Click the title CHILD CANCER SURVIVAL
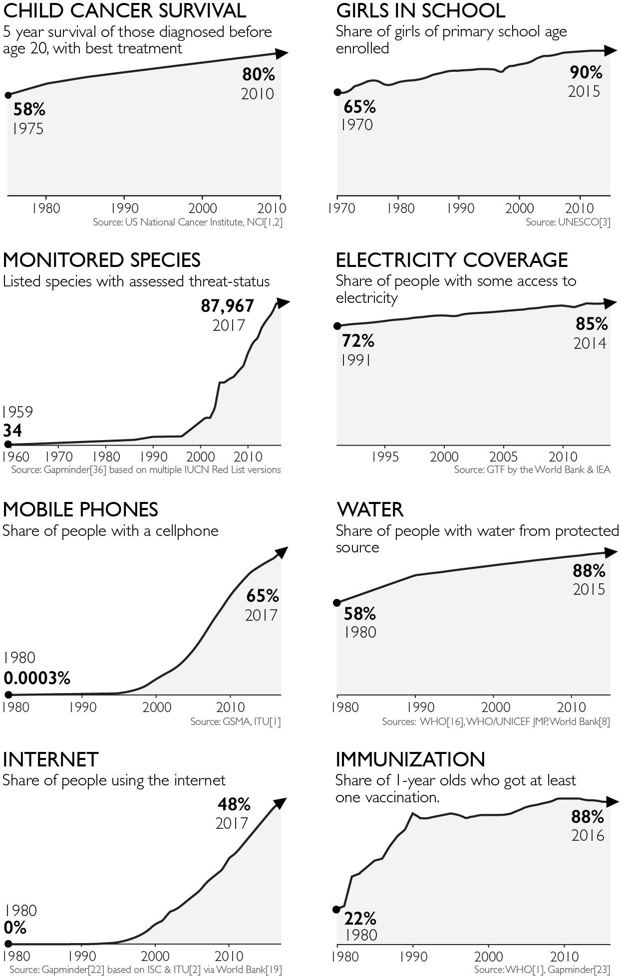124,10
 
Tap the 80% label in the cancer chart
259,75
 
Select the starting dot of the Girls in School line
337,92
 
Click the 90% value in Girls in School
586,73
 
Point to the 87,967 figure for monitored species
228,306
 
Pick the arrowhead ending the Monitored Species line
283,302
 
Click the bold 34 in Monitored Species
12,431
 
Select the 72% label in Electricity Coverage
358,341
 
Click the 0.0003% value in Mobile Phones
37,678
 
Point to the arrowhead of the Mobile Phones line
282,552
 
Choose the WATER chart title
370,509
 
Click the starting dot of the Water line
337,603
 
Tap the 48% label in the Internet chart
234,804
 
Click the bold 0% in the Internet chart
15,928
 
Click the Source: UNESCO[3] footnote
568,222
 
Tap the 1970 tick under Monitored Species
59,457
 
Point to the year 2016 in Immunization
588,835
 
